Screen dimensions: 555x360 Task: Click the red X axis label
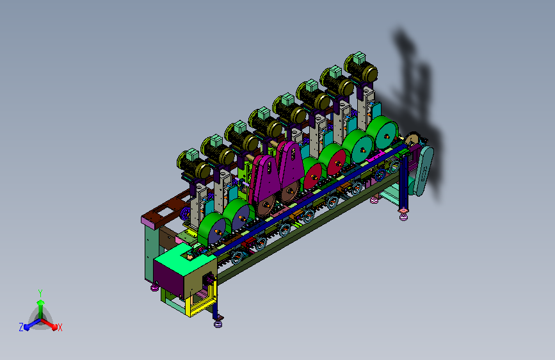60,327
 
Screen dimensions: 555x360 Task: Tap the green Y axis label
40,293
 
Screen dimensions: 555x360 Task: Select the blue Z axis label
21,327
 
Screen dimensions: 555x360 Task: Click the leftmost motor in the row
193,165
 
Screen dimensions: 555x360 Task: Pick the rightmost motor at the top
360,68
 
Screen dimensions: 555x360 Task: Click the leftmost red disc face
314,176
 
